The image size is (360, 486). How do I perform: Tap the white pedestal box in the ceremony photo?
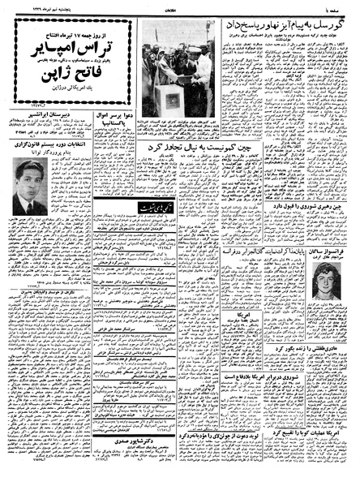pyautogui.click(x=172, y=98)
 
